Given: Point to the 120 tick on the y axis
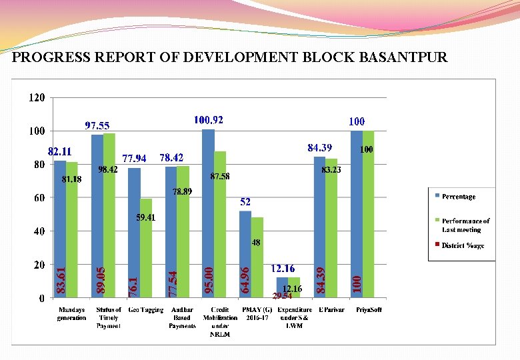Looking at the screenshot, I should click(37, 97).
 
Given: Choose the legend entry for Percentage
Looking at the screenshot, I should click(458, 197).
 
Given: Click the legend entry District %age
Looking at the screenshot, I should click(461, 245).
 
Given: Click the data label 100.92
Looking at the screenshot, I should click(209, 120).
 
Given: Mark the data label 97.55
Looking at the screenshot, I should click(97, 125).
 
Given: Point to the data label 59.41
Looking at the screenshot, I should click(146, 217).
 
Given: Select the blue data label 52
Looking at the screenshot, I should click(245, 201).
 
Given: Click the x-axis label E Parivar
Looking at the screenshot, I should click(331, 310).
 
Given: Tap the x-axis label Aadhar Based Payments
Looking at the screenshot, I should click(182, 318).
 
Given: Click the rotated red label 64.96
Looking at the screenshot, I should click(245, 279).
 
